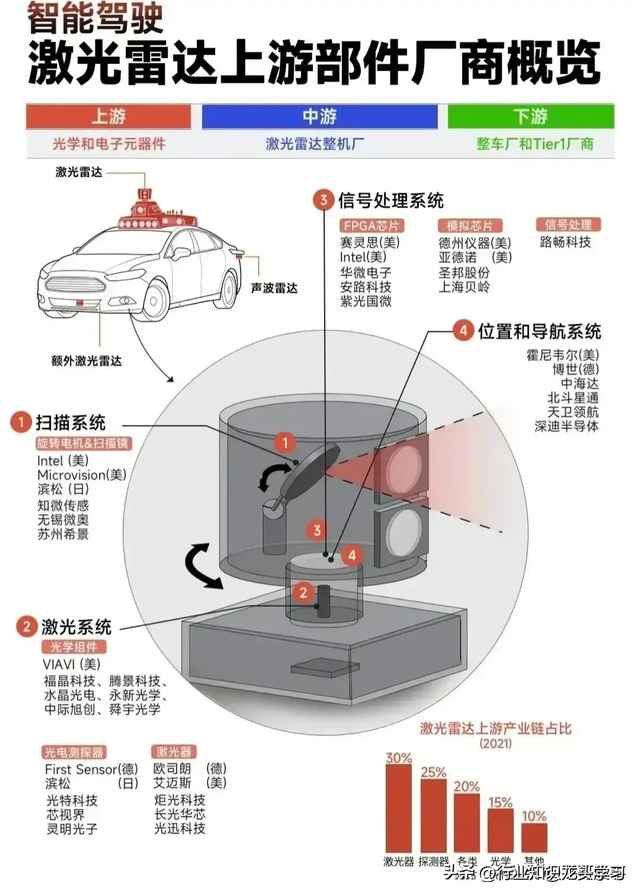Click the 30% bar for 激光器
click(x=399, y=809)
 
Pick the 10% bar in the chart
click(x=534, y=837)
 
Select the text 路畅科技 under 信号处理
click(x=565, y=242)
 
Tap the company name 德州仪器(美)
click(x=474, y=242)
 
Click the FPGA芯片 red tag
click(x=370, y=226)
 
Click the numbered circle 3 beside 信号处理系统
click(x=322, y=201)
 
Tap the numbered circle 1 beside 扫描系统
click(x=19, y=422)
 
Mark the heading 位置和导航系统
click(x=539, y=331)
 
